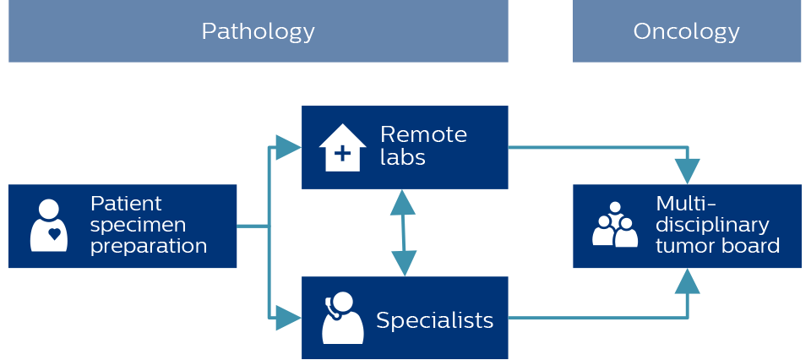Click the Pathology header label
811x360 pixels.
258,32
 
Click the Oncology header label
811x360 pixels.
686,32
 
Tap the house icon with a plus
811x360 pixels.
342,148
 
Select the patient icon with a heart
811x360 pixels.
49,226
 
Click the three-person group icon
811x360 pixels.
615,225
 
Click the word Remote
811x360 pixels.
423,134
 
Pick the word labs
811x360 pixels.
402,157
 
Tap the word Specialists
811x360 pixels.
434,321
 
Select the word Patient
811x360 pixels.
126,204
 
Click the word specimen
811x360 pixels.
138,226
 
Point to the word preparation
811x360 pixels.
148,247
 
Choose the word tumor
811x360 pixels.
681,247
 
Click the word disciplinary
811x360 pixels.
712,226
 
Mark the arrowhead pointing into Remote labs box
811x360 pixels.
288,148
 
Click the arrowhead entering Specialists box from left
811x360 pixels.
288,318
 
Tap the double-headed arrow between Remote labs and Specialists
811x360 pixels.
403,232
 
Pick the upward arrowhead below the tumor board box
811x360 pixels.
689,281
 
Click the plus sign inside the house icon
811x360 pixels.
342,154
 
